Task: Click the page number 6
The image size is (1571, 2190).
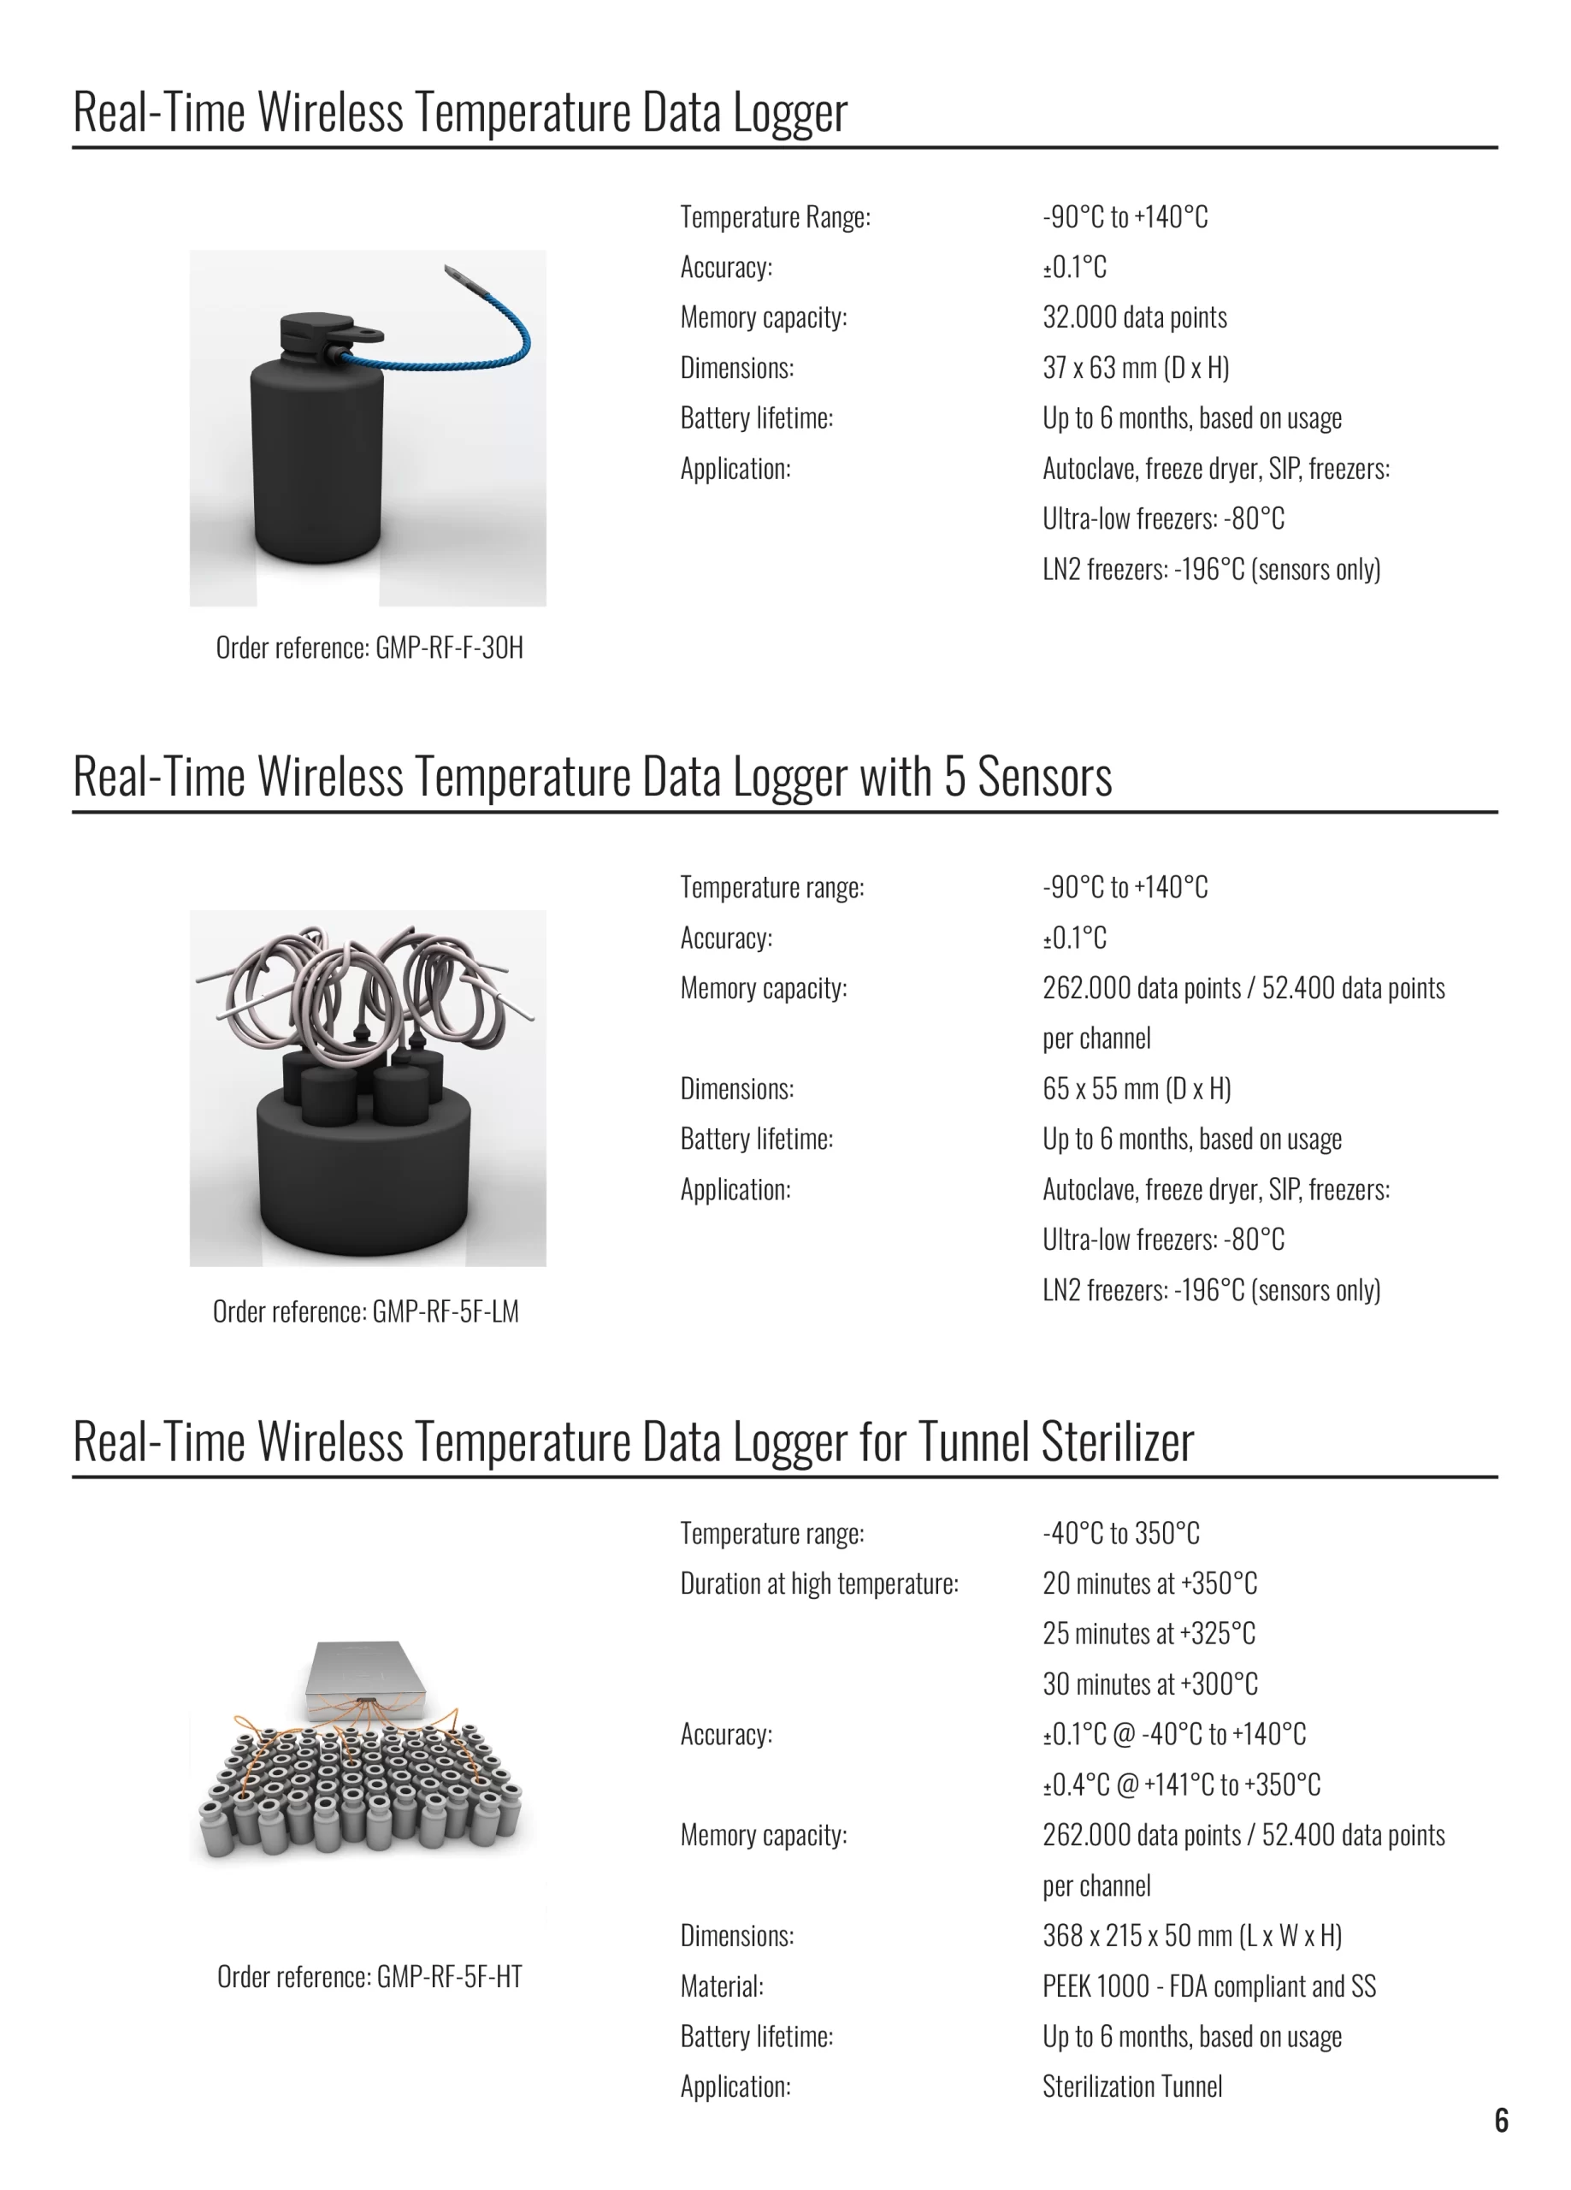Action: (x=1501, y=2120)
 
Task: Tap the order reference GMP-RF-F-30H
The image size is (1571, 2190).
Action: (x=369, y=647)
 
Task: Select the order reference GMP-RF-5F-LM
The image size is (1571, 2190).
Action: (x=365, y=1311)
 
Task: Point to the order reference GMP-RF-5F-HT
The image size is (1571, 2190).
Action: (x=369, y=1977)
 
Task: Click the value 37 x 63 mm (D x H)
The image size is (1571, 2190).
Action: (x=1136, y=368)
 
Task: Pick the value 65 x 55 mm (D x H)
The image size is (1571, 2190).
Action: (x=1137, y=1088)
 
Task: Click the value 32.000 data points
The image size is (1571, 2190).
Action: (x=1135, y=317)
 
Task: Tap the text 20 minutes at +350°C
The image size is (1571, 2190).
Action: (x=1150, y=1583)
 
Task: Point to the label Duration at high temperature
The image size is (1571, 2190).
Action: (x=818, y=1583)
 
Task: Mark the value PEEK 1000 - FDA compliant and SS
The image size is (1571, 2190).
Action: (x=1209, y=1986)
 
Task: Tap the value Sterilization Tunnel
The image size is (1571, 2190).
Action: (x=1131, y=2086)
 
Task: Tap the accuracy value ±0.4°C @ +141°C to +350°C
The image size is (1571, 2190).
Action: (x=1181, y=1785)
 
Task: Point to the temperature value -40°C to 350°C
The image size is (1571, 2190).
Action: (x=1121, y=1532)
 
